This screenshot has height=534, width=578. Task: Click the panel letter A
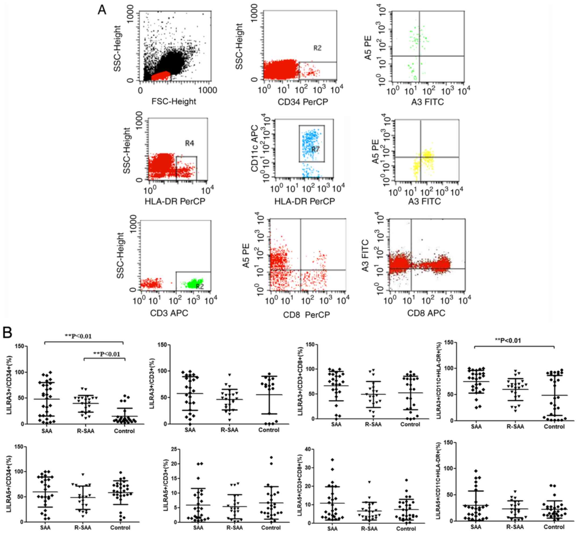(102, 10)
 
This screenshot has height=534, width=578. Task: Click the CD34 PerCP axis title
(303, 102)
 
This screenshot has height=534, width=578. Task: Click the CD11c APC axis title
(254, 148)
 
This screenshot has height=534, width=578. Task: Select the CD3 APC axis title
(169, 313)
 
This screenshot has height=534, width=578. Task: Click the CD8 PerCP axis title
(306, 315)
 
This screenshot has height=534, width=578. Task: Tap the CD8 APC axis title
(426, 313)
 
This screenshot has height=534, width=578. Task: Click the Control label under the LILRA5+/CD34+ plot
(120, 527)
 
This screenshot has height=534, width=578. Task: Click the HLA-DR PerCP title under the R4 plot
(175, 201)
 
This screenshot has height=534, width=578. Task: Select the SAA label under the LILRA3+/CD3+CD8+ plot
(336, 424)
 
